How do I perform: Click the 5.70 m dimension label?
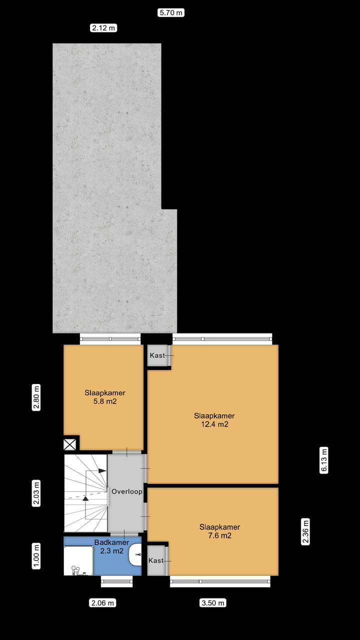pos(170,13)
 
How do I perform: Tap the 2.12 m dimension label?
pos(103,28)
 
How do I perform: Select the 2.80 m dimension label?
pos(36,397)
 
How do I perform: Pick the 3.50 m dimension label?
pos(213,602)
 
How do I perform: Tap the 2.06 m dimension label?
pos(102,602)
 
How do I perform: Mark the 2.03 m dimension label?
pos(36,493)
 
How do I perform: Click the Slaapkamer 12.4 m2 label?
pos(214,420)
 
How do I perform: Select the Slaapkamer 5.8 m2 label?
pos(104,396)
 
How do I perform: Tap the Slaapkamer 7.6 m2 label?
pos(219,531)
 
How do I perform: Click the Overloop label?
pos(126,491)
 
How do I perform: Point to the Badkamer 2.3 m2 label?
pos(111,546)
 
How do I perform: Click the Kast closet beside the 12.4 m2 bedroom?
pos(156,355)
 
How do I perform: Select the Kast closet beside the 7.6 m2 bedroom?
pos(156,560)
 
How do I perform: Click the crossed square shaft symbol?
pos(70,444)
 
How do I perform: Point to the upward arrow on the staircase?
pos(85,498)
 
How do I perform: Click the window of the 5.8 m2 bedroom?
pos(110,339)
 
